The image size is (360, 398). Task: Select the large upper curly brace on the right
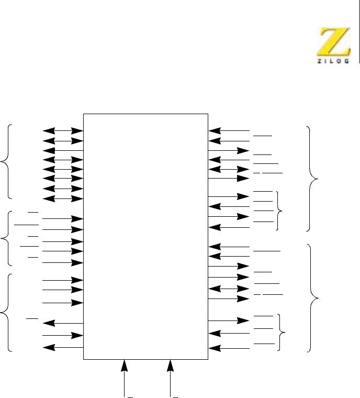click(313, 179)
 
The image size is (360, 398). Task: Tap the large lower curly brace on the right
click(313, 297)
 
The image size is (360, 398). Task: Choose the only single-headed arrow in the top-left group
click(63, 150)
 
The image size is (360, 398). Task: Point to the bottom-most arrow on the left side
click(63, 347)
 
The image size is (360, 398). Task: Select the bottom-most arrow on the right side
click(229, 348)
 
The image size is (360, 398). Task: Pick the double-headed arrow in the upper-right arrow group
click(229, 170)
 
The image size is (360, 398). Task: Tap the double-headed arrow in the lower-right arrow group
click(229, 289)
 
